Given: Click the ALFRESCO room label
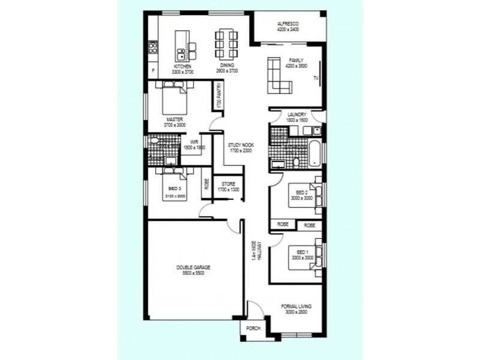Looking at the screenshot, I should coord(288,24).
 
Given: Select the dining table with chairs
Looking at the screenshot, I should coord(226,42).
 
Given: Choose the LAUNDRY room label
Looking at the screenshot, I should coord(297,114).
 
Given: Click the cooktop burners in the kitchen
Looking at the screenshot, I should coord(153,47).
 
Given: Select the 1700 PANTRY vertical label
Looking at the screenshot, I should coord(220,96).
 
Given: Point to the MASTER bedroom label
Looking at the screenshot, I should coord(175,120).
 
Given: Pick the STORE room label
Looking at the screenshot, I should coord(228,184).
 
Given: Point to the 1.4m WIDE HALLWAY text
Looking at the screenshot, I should coord(256,259).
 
